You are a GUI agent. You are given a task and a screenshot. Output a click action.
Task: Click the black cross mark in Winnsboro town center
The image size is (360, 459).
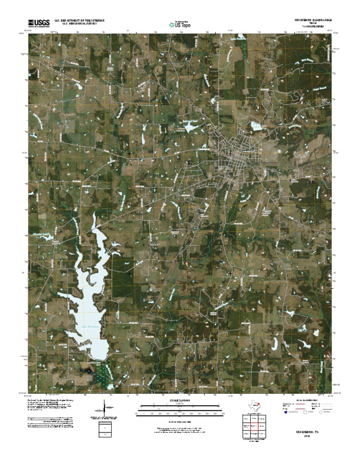(x=230, y=153)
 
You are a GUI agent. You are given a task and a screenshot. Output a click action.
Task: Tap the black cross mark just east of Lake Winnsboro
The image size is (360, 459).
(x=129, y=272)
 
